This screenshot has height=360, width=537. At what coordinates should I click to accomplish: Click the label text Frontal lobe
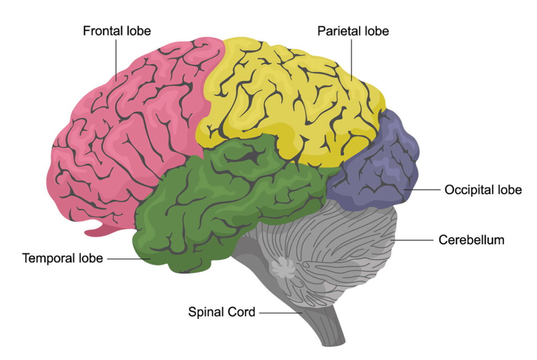116,31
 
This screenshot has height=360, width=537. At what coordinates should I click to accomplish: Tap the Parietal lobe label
353,31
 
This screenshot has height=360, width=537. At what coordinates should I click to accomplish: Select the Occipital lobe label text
483,189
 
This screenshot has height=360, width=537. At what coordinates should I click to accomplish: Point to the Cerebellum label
471,240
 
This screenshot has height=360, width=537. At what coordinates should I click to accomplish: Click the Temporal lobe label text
62,258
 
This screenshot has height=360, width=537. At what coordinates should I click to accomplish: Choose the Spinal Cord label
222,312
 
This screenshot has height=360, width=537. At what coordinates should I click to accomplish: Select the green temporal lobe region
210,210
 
